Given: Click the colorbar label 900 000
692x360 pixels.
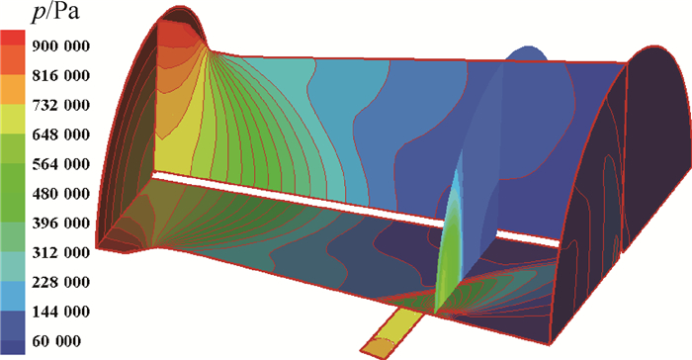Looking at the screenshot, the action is click(x=60, y=45).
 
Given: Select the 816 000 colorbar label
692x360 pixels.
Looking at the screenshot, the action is click(x=60, y=75).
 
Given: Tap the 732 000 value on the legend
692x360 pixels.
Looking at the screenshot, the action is click(x=60, y=105).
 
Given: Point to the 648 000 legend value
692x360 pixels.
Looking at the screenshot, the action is click(x=60, y=135).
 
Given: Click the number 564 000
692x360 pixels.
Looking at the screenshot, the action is click(x=60, y=164).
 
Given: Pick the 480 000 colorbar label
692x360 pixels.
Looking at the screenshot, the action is click(x=60, y=194).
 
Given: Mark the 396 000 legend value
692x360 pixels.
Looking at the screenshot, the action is click(x=60, y=224).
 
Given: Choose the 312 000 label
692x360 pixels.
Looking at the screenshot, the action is click(x=60, y=252).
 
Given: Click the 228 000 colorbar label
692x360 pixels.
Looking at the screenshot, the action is click(x=60, y=282).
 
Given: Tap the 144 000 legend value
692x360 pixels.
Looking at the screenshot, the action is click(x=60, y=312).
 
